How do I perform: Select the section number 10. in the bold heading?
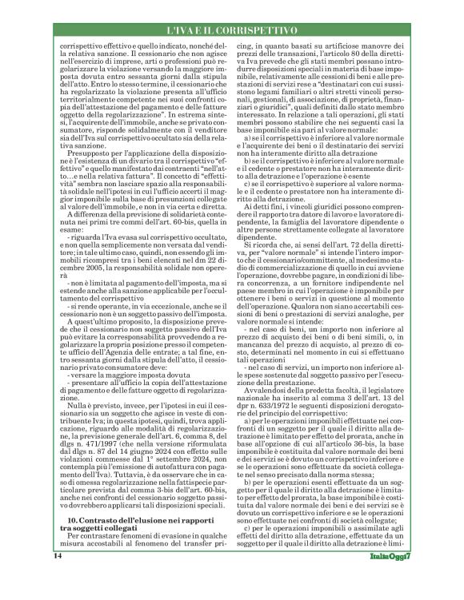(x=72, y=520)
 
